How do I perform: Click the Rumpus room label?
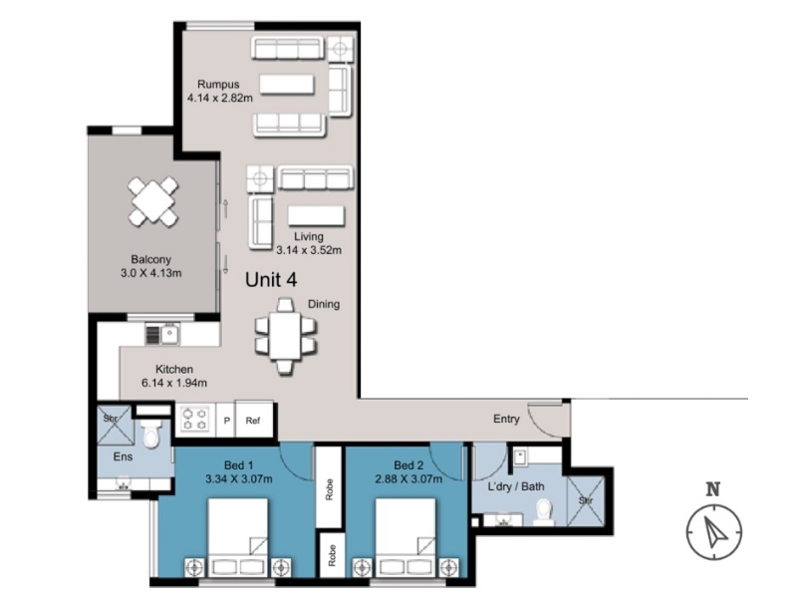(218, 85)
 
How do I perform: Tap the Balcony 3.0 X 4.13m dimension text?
(151, 273)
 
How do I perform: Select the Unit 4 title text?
(271, 280)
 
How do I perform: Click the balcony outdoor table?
(153, 202)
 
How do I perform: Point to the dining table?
(285, 336)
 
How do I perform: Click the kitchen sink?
(169, 334)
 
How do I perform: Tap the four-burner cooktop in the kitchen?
(195, 419)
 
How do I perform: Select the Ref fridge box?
(253, 420)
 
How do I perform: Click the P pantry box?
(226, 421)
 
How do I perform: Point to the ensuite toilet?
(151, 434)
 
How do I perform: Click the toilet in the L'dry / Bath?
(543, 511)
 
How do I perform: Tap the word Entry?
(506, 419)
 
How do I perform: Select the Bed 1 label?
(239, 465)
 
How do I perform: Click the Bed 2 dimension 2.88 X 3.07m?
(408, 479)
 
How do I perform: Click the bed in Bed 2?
(405, 537)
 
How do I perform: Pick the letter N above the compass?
(713, 489)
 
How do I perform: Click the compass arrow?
(715, 530)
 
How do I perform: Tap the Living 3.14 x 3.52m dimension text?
(309, 250)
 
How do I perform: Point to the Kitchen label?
(173, 369)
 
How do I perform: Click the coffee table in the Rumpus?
(287, 85)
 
